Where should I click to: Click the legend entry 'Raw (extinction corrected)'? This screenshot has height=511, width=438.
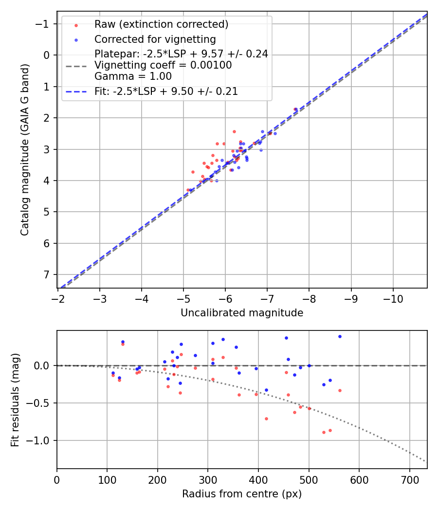(161, 24)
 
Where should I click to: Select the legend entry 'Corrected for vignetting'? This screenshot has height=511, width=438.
(155, 39)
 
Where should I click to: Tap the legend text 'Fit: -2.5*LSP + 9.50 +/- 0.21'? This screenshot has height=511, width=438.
(166, 91)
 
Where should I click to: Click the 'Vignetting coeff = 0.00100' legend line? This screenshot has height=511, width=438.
(163, 65)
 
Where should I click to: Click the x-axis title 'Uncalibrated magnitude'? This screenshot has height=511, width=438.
(242, 313)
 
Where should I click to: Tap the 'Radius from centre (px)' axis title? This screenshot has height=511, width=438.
(242, 494)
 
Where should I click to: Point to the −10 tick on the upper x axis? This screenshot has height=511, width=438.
(393, 299)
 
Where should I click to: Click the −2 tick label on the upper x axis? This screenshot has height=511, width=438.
(58, 299)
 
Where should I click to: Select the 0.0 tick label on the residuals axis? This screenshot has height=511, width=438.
(42, 365)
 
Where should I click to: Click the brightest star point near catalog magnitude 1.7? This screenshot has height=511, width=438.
(295, 109)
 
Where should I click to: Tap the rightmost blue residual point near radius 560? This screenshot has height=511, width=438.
(340, 336)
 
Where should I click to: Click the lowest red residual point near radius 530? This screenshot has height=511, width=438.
(324, 432)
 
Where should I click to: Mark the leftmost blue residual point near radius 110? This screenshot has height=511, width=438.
(113, 373)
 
